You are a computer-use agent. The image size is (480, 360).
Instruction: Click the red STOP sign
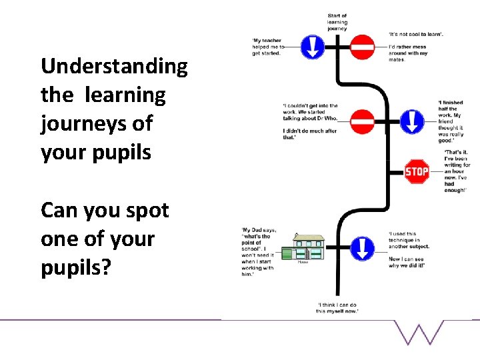(x=417, y=171)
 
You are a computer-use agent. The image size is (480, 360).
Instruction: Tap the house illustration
(x=302, y=247)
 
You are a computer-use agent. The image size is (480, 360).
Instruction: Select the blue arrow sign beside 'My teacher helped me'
(x=313, y=47)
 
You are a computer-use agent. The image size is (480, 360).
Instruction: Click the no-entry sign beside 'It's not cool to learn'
(x=363, y=47)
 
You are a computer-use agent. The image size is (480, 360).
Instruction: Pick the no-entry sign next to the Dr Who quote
(x=363, y=121)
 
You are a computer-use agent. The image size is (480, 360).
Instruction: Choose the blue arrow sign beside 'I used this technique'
(x=362, y=247)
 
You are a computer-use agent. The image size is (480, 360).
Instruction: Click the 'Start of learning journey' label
(x=337, y=23)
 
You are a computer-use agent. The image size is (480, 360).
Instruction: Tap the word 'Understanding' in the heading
(x=114, y=67)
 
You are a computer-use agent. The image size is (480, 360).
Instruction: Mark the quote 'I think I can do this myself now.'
(x=337, y=307)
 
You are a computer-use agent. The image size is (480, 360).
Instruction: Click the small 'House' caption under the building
(x=303, y=262)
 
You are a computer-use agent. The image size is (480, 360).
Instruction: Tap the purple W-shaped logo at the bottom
(x=419, y=331)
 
